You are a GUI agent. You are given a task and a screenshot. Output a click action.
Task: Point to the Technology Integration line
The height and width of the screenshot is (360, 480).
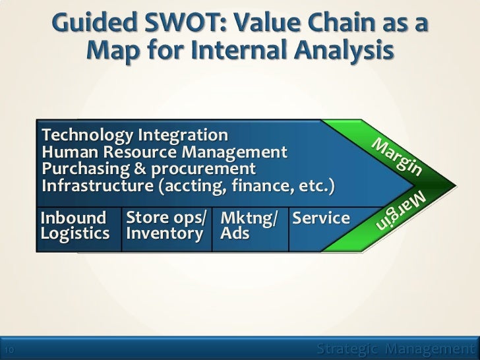click(x=135, y=136)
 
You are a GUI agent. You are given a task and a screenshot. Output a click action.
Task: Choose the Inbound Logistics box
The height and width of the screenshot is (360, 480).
click(x=73, y=225)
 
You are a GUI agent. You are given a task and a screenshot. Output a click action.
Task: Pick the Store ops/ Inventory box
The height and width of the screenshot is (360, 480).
click(x=165, y=225)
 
